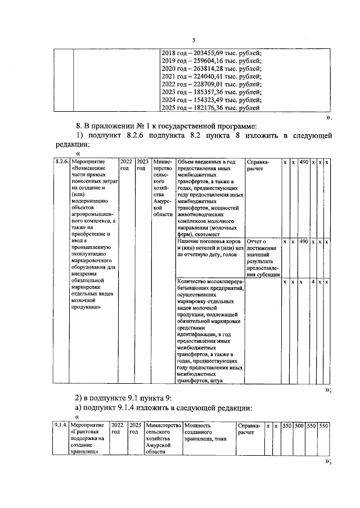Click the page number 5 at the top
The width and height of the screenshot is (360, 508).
tap(193, 40)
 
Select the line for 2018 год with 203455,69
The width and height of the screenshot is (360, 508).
tap(211, 52)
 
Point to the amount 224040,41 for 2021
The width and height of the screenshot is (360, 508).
tap(220, 75)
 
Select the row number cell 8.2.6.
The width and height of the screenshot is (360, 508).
tap(61, 162)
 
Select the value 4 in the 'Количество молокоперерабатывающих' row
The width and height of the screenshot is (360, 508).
tap(312, 282)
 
